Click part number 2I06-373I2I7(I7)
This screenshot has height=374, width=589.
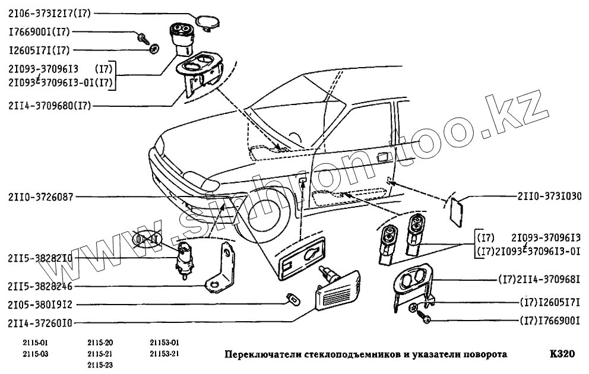tap(50, 14)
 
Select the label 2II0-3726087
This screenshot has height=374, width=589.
tap(40, 196)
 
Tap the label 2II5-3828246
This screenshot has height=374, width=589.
tap(40, 286)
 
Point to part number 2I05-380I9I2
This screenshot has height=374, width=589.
tap(40, 305)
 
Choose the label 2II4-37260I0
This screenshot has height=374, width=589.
tap(40, 322)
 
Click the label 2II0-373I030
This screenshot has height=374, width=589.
tap(550, 196)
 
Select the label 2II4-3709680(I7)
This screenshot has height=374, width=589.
tap(50, 106)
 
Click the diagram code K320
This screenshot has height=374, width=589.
tap(562, 354)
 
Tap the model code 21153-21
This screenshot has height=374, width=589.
tap(164, 354)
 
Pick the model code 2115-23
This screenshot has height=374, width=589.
tap(100, 365)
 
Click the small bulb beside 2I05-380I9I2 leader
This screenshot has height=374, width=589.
tap(293, 299)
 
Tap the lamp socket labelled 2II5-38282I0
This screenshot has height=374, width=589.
tap(183, 259)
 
